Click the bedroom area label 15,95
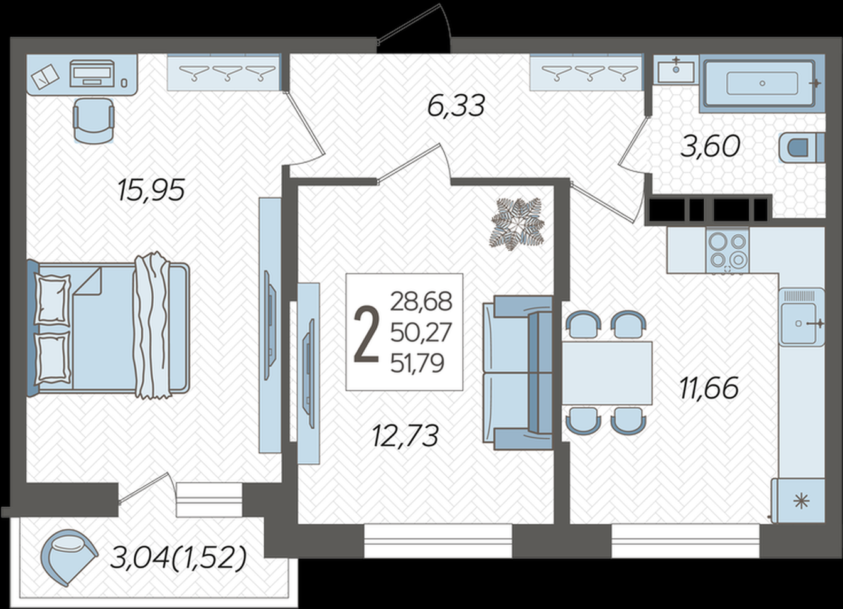click(151, 190)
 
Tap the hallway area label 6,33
click(456, 105)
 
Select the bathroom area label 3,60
click(711, 146)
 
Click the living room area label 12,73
click(405, 436)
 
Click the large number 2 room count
click(366, 335)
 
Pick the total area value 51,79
click(417, 364)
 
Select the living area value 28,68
click(421, 302)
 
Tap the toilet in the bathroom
click(801, 148)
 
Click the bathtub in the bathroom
click(762, 84)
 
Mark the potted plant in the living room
click(517, 224)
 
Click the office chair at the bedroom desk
click(94, 121)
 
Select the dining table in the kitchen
click(606, 373)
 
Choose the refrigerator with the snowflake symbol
click(798, 500)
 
